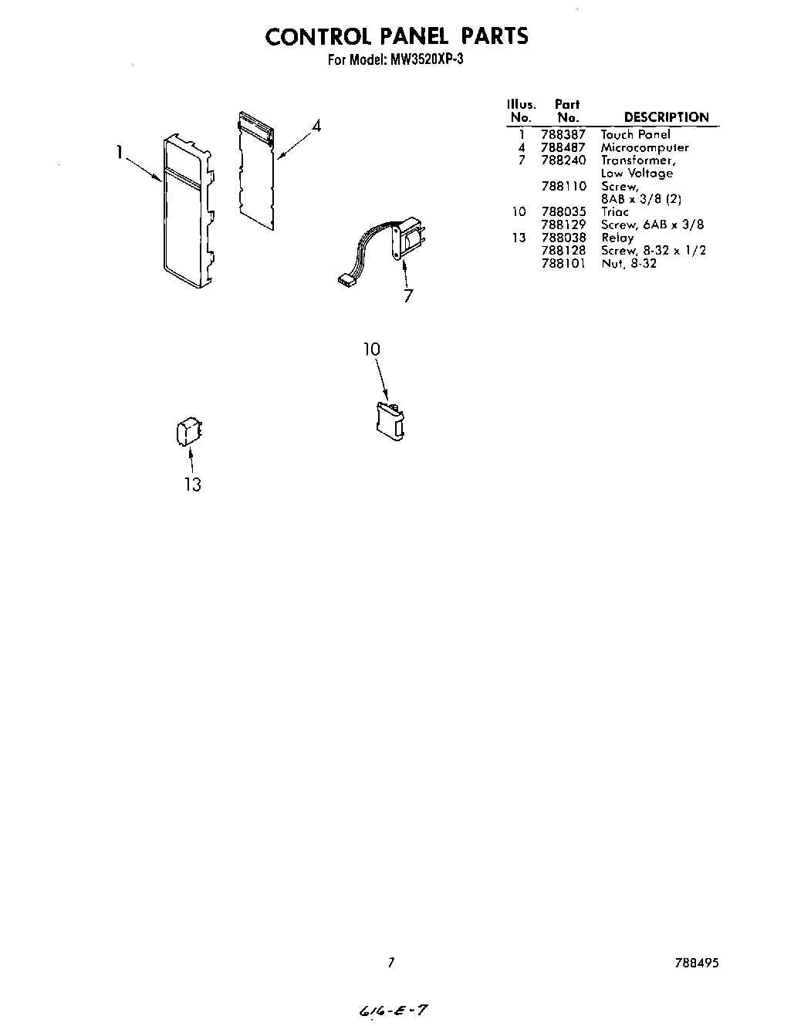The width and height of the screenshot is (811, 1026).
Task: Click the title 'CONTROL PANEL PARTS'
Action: (397, 36)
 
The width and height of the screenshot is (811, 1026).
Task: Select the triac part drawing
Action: (390, 420)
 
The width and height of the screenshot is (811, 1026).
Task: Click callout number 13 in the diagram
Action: (192, 484)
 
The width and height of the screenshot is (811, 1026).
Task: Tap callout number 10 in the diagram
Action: (372, 349)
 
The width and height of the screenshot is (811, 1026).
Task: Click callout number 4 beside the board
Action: (316, 126)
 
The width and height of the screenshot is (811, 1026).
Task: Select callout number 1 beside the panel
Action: (120, 154)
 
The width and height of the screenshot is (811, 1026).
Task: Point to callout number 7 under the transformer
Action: (408, 295)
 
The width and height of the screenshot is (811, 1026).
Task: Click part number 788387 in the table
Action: (563, 134)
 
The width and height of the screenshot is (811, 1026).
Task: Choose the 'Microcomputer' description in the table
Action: (644, 147)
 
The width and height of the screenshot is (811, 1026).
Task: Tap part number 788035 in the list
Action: (563, 211)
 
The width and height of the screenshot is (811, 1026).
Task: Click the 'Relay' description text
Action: (617, 238)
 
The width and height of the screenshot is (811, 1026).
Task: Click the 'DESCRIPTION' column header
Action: (666, 117)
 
